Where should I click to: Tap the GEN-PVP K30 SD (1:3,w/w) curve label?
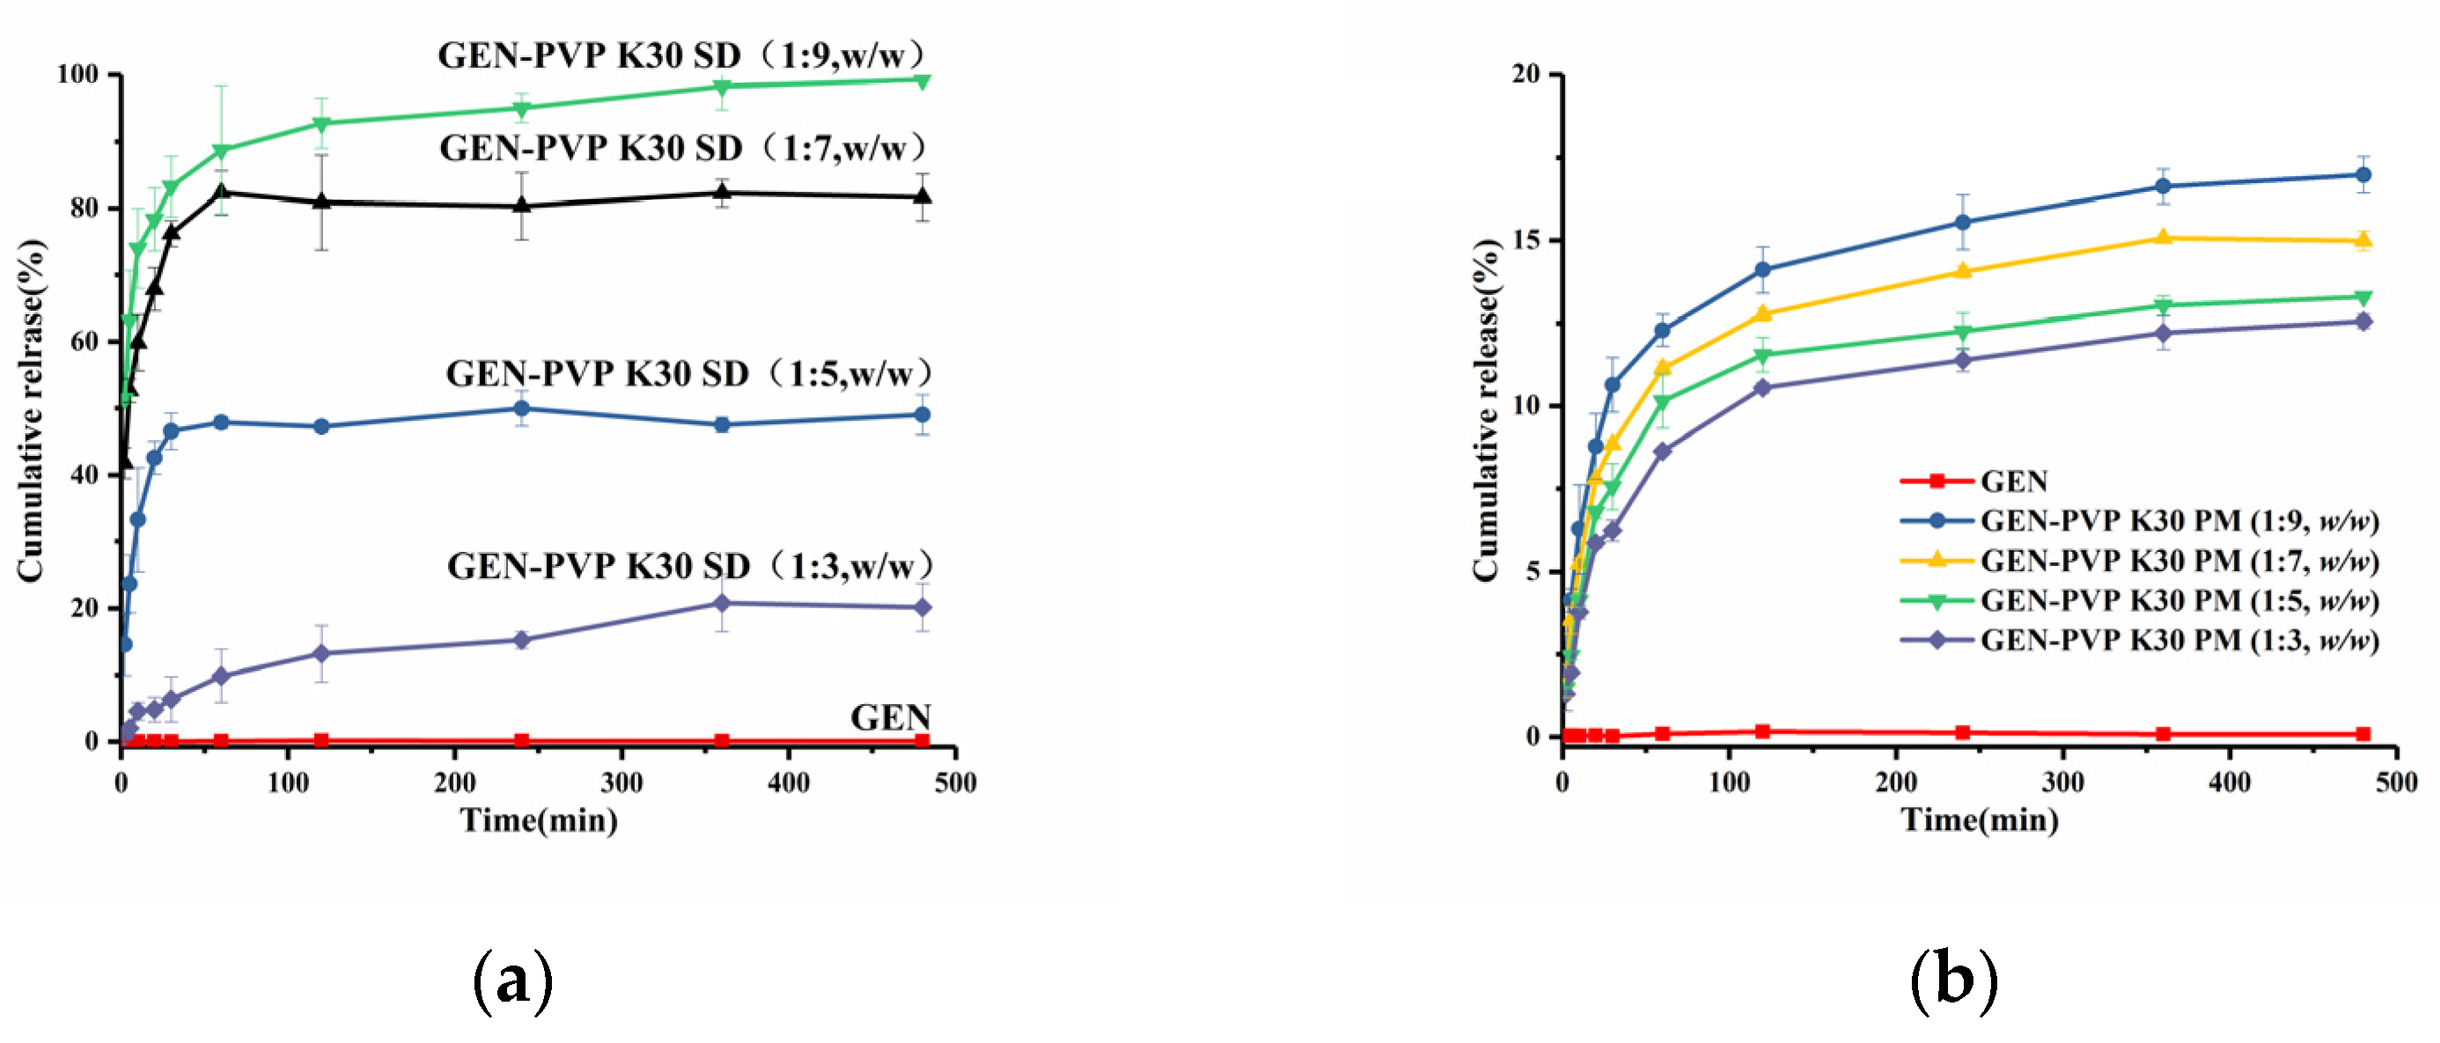coord(689,566)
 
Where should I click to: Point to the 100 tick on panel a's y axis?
coord(77,74)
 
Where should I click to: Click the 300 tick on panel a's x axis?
coord(621,782)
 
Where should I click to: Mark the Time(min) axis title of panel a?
coord(538,819)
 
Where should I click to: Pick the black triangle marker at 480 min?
coord(922,196)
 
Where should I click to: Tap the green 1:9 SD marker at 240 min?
coord(521,108)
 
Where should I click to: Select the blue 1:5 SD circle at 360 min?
coord(722,424)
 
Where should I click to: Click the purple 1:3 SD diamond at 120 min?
coord(321,654)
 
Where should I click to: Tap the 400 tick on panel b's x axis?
coord(2229,782)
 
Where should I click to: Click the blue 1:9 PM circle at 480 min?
coord(2363,175)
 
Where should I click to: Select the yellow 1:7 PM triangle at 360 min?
coord(2163,237)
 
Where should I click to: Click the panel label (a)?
coord(512,981)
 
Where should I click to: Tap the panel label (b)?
coord(1953,981)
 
